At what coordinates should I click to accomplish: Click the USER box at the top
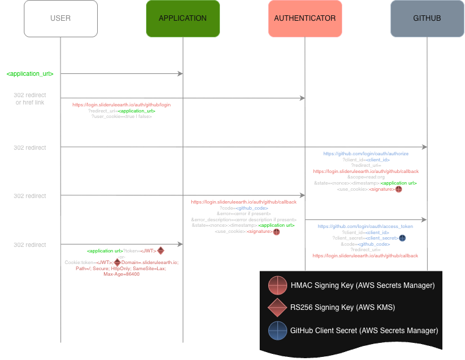(x=60, y=18)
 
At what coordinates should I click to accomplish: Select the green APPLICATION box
(x=183, y=18)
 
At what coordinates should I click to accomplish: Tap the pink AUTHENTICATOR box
(x=305, y=18)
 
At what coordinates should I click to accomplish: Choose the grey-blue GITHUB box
(x=427, y=18)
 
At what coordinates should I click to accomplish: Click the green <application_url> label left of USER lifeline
(x=31, y=73)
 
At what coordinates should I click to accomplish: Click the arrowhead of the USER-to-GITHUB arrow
(x=424, y=147)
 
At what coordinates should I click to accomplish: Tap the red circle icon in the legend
(x=277, y=285)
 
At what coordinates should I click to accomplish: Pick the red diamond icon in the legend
(x=277, y=307)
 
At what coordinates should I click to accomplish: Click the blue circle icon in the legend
(x=277, y=330)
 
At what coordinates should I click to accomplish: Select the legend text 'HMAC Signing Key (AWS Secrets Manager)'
(x=362, y=285)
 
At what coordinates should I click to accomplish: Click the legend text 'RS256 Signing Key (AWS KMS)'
(x=343, y=307)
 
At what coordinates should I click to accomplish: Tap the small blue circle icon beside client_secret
(x=402, y=238)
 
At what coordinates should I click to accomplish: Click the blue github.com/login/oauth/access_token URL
(x=365, y=226)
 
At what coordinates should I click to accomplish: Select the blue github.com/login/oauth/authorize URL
(x=365, y=154)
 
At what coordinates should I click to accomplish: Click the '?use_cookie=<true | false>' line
(x=122, y=117)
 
